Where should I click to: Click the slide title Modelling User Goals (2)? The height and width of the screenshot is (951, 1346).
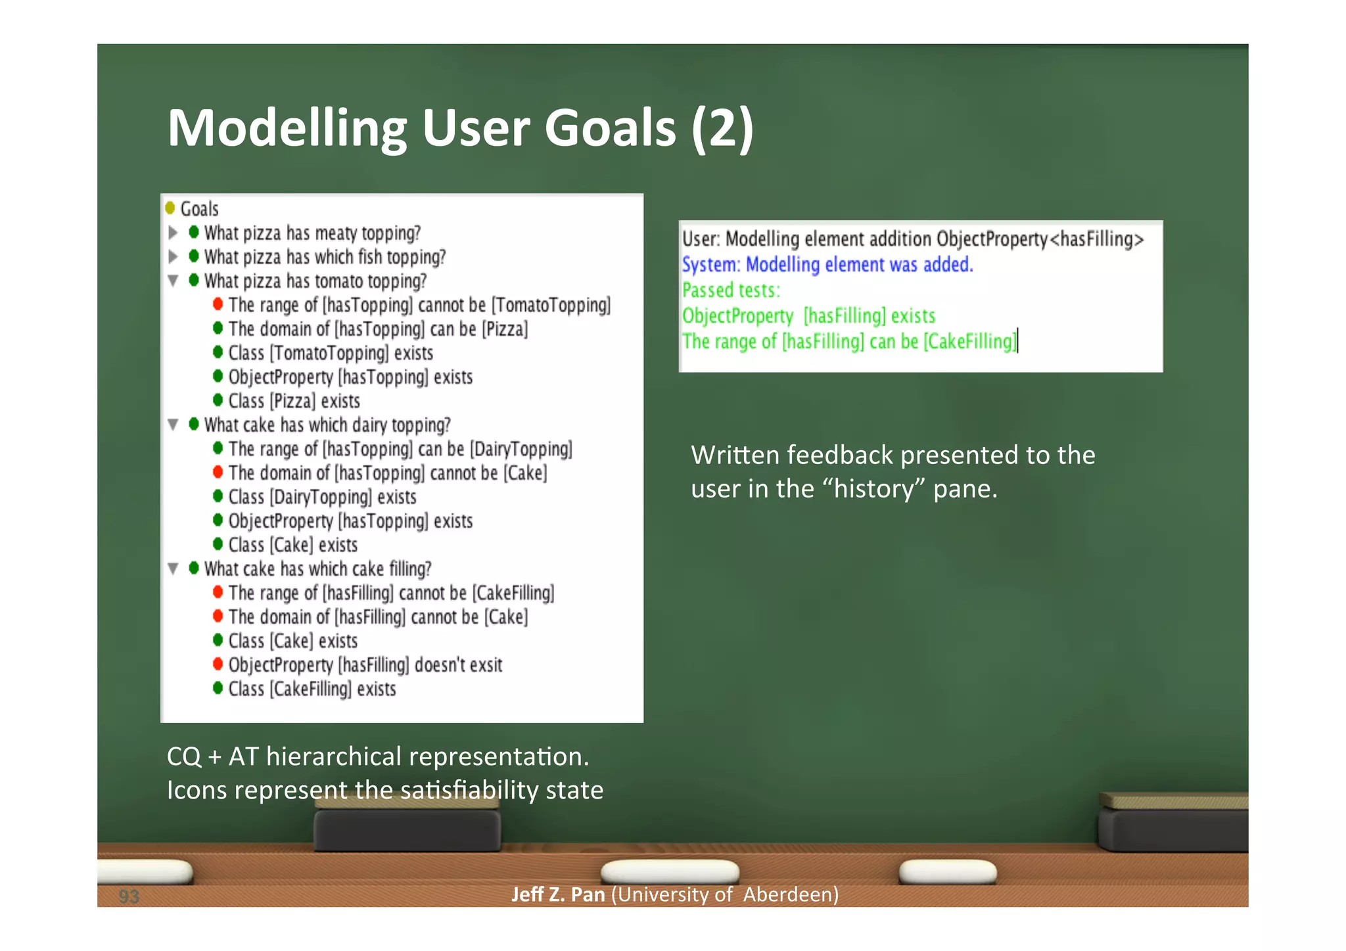click(460, 128)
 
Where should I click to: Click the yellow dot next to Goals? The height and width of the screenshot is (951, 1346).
click(170, 208)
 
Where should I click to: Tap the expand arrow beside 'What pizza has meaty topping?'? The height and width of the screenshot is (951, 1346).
click(174, 233)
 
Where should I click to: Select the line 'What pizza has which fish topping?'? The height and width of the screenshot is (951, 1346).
click(325, 257)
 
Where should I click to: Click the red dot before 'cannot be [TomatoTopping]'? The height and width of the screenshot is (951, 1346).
click(218, 304)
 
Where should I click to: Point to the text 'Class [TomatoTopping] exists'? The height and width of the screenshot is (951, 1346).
click(331, 353)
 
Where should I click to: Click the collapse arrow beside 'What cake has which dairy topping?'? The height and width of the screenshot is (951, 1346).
click(174, 425)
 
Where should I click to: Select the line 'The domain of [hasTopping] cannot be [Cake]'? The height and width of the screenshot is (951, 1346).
click(387, 473)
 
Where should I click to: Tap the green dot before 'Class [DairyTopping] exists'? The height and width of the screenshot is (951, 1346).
click(218, 497)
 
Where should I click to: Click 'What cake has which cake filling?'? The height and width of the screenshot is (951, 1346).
click(317, 568)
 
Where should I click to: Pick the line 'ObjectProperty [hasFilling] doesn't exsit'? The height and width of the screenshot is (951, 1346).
click(365, 665)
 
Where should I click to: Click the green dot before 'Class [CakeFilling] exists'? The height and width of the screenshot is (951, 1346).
click(218, 689)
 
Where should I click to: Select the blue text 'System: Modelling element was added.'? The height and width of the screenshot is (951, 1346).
click(827, 265)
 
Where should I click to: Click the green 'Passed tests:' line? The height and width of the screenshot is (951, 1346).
click(731, 290)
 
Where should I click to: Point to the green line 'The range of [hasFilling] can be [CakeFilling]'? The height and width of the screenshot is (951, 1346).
click(849, 342)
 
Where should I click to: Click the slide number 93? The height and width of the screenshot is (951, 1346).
click(129, 896)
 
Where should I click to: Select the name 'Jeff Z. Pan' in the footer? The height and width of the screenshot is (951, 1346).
click(557, 894)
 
